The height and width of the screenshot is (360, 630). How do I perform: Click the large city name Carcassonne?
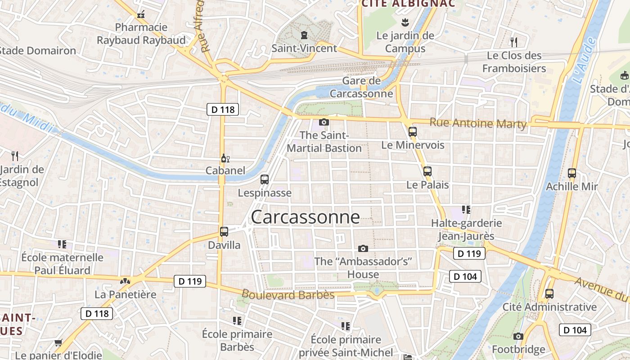305,217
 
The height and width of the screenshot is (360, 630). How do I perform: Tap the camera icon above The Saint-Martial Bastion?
324,122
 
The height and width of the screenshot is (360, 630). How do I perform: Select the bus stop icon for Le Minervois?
413,132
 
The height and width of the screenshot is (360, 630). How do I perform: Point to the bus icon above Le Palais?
427,171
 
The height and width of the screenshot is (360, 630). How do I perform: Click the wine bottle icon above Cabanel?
225,158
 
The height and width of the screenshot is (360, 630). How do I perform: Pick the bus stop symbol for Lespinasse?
265,180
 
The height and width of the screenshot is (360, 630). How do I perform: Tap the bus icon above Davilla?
224,232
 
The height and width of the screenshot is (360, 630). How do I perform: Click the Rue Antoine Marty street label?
478,123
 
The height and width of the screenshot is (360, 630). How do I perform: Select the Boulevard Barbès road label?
288,295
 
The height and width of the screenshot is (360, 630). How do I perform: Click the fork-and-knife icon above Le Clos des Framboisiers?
514,42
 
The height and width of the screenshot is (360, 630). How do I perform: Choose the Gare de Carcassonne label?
361,87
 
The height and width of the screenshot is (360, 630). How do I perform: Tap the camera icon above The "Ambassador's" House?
363,248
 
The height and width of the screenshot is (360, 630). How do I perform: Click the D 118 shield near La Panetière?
97,313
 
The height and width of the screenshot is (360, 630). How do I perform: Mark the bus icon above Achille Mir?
572,173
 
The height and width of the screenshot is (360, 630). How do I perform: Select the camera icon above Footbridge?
518,336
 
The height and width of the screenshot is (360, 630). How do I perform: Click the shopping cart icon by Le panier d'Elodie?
58,343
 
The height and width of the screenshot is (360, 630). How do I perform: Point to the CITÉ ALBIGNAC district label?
408,4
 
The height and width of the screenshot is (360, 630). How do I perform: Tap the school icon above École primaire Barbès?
237,321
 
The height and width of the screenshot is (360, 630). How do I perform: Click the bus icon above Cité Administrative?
549,294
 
